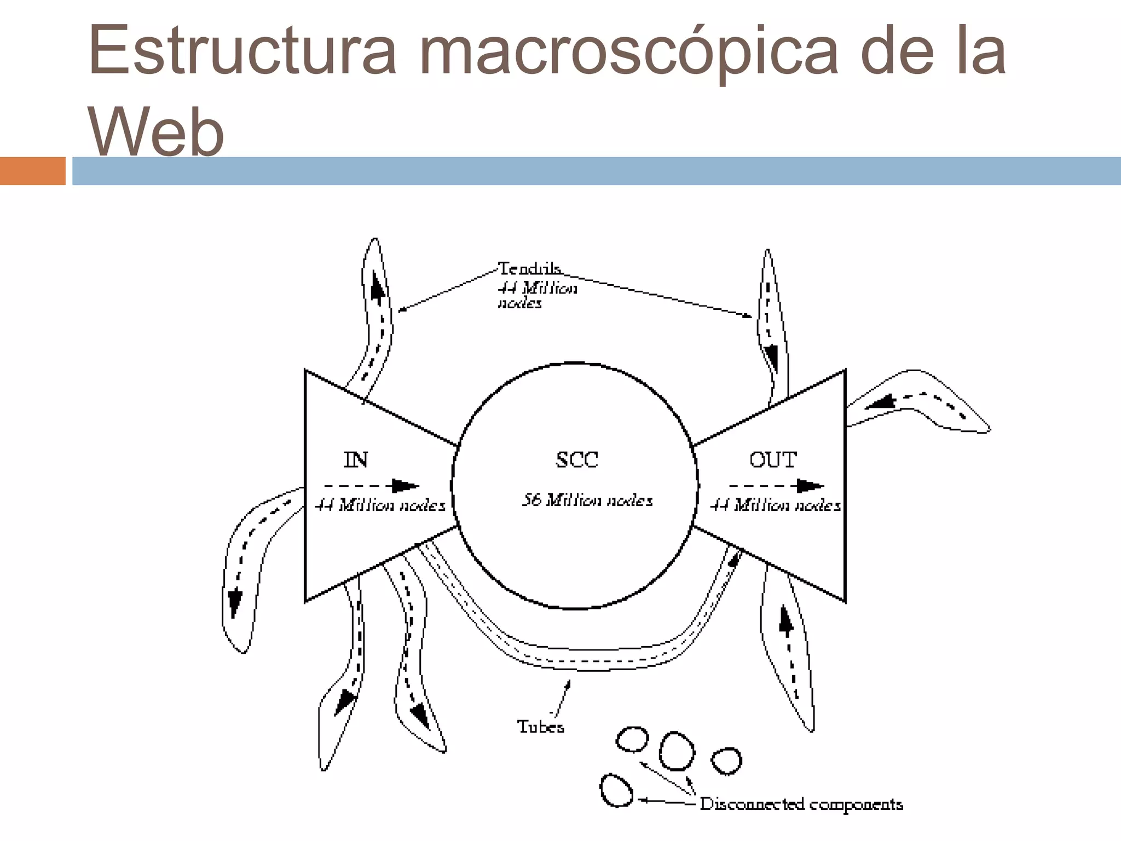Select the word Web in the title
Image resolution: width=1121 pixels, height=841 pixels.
pyautogui.click(x=157, y=131)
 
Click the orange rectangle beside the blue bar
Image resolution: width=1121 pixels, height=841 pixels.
pyautogui.click(x=32, y=171)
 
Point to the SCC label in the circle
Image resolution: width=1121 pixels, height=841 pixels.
pyautogui.click(x=577, y=459)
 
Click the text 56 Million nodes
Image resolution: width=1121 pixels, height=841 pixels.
pyautogui.click(x=587, y=500)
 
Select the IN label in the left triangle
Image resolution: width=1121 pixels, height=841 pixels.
pyautogui.click(x=356, y=459)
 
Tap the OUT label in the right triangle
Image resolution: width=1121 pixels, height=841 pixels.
pyautogui.click(x=773, y=459)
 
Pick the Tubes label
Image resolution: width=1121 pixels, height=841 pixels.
pyautogui.click(x=540, y=727)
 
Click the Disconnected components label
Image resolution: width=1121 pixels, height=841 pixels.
pyautogui.click(x=801, y=804)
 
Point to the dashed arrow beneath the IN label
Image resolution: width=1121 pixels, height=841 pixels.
pyautogui.click(x=371, y=486)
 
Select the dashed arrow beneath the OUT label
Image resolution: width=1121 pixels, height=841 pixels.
pyautogui.click(x=776, y=486)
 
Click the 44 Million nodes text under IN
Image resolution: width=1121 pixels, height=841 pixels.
pyautogui.click(x=380, y=505)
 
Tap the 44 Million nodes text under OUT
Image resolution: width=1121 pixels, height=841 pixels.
pyautogui.click(x=775, y=505)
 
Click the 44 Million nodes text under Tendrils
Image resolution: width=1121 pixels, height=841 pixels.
pyautogui.click(x=537, y=295)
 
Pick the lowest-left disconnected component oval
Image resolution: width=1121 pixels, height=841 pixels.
pyautogui.click(x=617, y=790)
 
